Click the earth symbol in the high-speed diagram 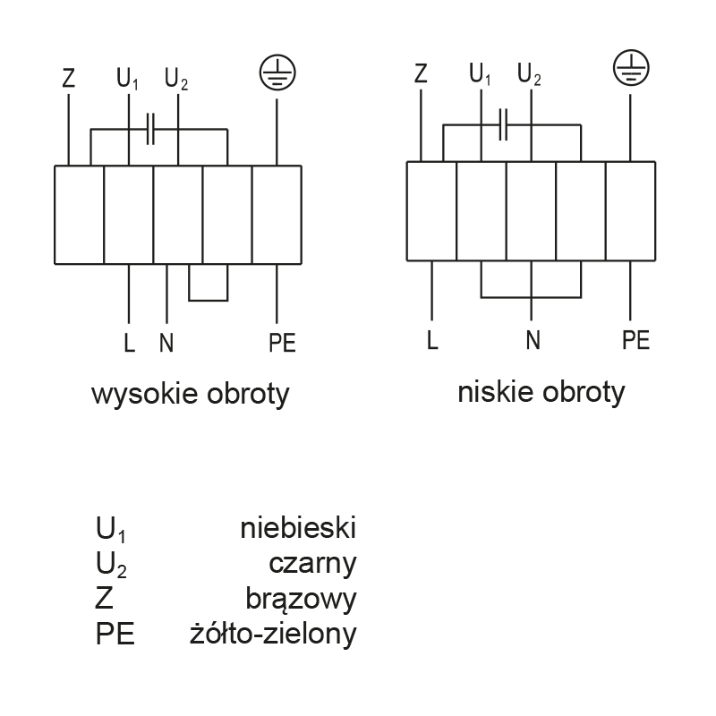[277, 72]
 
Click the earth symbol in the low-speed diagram [631, 68]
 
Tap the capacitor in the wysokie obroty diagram [150, 129]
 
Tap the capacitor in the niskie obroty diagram [503, 124]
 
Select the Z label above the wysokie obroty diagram [69, 78]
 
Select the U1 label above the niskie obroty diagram [480, 74]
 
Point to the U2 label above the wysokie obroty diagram [175, 79]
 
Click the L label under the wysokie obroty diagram [129, 343]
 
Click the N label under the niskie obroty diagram [533, 340]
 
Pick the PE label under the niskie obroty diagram [635, 340]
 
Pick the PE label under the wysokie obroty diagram [282, 343]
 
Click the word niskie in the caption [496, 392]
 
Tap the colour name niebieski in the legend [298, 528]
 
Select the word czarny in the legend [312, 565]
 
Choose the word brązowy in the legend [301, 599]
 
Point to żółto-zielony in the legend [273, 634]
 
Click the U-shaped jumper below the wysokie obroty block [209, 301]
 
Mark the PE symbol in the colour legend [115, 634]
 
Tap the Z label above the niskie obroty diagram [421, 73]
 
